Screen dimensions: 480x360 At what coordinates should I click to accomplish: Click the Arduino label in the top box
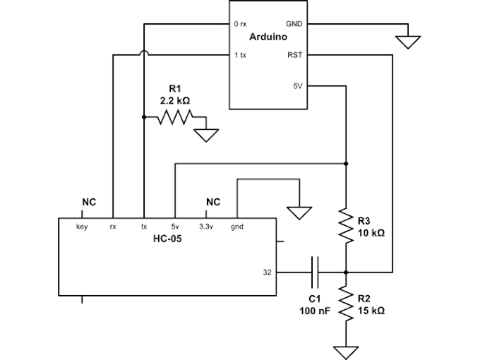pyautogui.click(x=268, y=37)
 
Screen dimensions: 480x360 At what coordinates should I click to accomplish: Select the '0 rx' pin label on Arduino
pyautogui.click(x=240, y=24)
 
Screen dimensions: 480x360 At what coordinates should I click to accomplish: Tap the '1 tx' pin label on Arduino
pyautogui.click(x=240, y=55)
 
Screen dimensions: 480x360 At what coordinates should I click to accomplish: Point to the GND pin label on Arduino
pyautogui.click(x=294, y=24)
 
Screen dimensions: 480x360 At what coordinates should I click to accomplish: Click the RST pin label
pyautogui.click(x=295, y=55)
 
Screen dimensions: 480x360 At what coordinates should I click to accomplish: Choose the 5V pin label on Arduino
pyautogui.click(x=298, y=86)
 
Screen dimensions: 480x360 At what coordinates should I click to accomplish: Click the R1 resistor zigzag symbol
pyautogui.click(x=175, y=117)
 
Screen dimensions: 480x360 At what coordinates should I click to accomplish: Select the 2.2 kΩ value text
pyautogui.click(x=175, y=100)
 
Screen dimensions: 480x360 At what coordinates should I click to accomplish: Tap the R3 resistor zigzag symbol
pyautogui.click(x=346, y=226)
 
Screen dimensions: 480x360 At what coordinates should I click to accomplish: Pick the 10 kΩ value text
pyautogui.click(x=371, y=233)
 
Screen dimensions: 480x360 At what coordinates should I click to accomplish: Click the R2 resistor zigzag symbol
pyautogui.click(x=346, y=304)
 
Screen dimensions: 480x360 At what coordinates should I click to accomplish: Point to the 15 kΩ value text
pyautogui.click(x=371, y=311)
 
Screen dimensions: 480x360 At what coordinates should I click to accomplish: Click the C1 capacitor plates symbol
pyautogui.click(x=315, y=272)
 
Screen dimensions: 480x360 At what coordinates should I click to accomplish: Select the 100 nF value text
pyautogui.click(x=315, y=311)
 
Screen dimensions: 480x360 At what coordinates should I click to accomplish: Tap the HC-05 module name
pyautogui.click(x=167, y=239)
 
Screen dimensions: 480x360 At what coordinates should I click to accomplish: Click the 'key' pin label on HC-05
pyautogui.click(x=82, y=227)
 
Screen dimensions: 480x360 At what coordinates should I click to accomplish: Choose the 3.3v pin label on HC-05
pyautogui.click(x=206, y=227)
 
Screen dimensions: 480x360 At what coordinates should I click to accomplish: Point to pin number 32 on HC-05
pyautogui.click(x=268, y=272)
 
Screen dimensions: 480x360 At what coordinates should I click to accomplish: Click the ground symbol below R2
pyautogui.click(x=346, y=353)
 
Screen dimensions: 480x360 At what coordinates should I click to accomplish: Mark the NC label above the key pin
pyautogui.click(x=89, y=202)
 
